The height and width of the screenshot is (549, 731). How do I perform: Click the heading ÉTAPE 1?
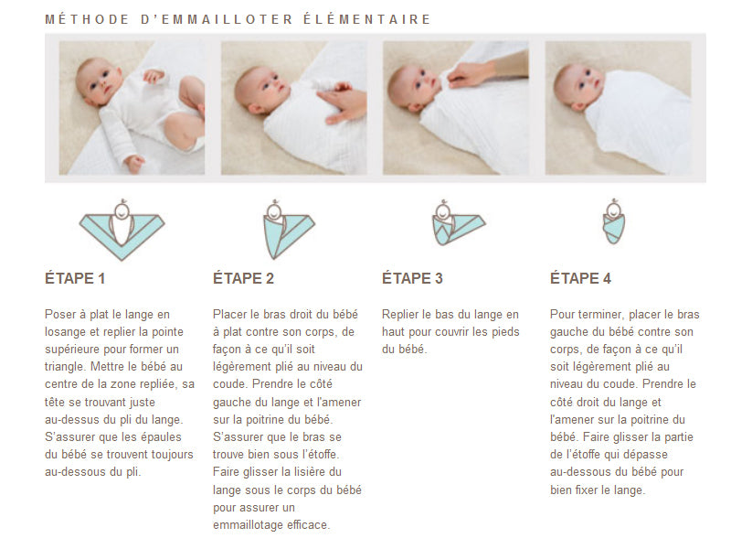click(75, 278)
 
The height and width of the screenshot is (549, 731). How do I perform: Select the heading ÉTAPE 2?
click(243, 278)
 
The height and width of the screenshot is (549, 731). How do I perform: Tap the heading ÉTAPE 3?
click(412, 278)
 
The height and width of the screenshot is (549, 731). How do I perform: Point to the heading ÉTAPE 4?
click(580, 278)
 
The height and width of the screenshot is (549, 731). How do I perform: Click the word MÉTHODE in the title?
click(87, 19)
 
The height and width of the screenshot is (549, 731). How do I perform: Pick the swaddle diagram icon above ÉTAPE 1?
click(122, 230)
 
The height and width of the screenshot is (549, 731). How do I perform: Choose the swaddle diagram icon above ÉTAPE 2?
click(289, 230)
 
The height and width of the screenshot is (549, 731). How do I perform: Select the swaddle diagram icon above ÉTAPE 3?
click(460, 222)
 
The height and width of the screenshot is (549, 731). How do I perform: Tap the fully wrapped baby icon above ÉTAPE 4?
click(614, 221)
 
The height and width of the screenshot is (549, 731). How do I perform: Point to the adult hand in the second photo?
click(343, 102)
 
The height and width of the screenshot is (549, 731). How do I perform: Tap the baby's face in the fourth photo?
click(579, 84)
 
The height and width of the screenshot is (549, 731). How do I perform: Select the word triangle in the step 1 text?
click(65, 367)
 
